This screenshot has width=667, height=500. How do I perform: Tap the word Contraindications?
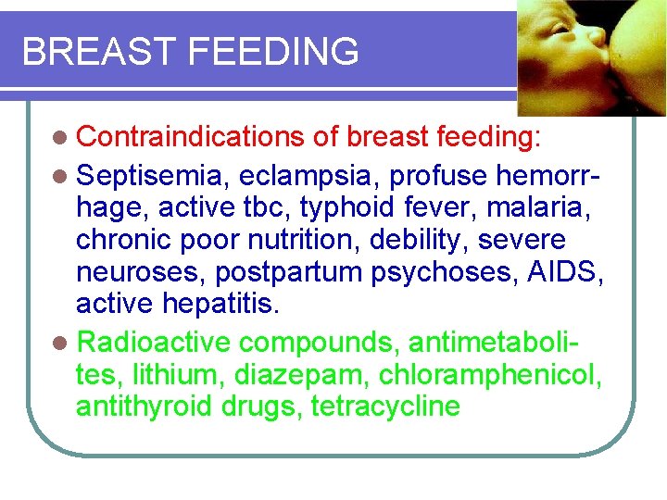pyautogui.click(x=191, y=138)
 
